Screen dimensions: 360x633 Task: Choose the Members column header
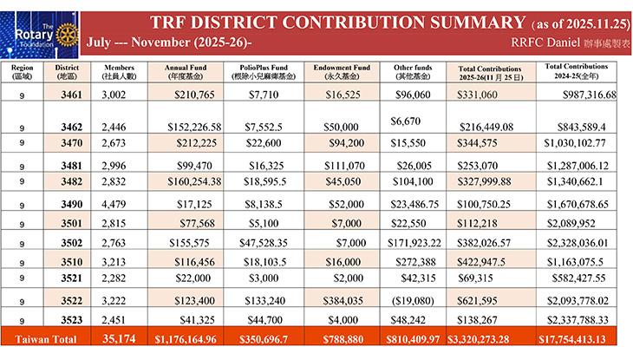click(x=119, y=71)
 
